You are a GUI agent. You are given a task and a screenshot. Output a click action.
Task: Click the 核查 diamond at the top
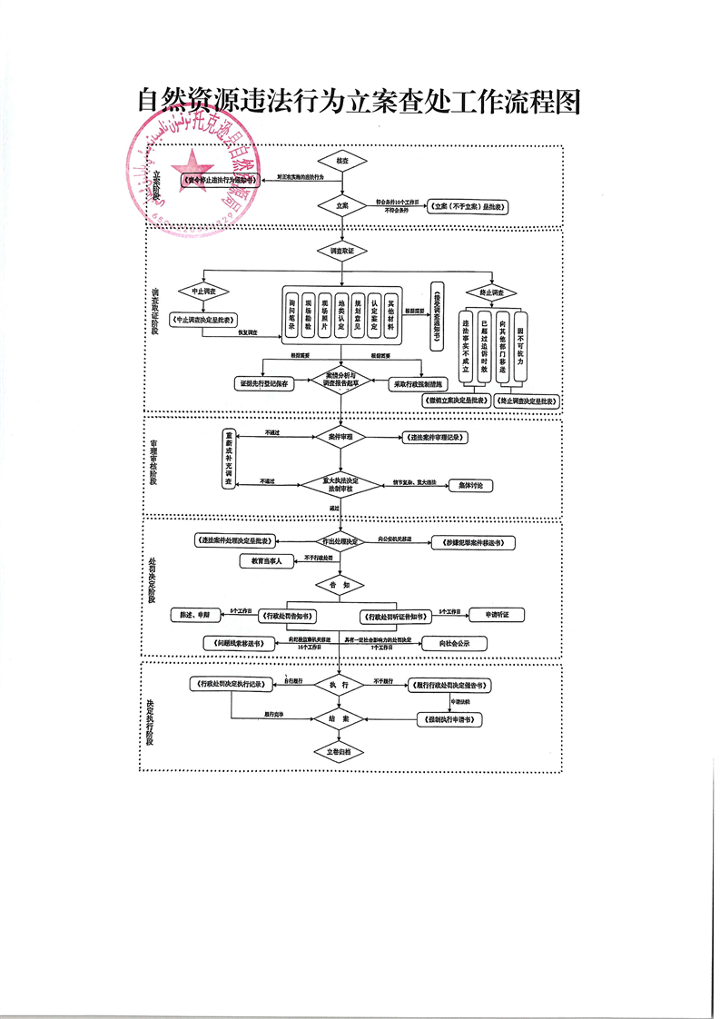click(x=342, y=160)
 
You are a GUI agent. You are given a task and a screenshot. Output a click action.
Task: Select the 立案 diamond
click(x=342, y=206)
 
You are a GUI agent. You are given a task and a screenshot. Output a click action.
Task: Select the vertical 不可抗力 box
click(x=520, y=347)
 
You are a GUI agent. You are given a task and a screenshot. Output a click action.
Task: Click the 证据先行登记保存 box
click(x=264, y=384)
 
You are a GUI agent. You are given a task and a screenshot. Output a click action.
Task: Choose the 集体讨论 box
click(x=471, y=486)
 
